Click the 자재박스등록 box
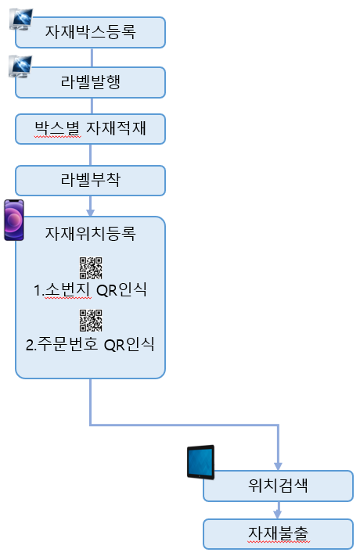click(x=90, y=32)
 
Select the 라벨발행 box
click(x=90, y=82)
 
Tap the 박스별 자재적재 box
click(x=90, y=129)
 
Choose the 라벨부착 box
click(x=90, y=180)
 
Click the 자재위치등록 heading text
click(x=90, y=233)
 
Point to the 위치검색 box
click(x=278, y=486)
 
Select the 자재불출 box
click(x=278, y=534)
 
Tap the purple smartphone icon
click(x=14, y=221)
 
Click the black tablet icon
click(x=200, y=462)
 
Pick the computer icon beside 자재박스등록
click(x=21, y=20)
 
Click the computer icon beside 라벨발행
click(x=20, y=66)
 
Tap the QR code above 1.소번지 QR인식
click(x=91, y=268)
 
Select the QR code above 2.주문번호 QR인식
click(x=91, y=321)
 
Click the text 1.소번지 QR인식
click(x=90, y=289)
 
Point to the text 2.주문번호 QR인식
click(x=90, y=344)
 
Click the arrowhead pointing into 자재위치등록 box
click(x=90, y=213)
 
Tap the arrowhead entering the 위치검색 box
click(x=278, y=466)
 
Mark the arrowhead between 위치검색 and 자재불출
click(x=278, y=515)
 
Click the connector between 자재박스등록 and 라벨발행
click(x=92, y=57)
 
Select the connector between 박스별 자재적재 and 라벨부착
click(x=90, y=155)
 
